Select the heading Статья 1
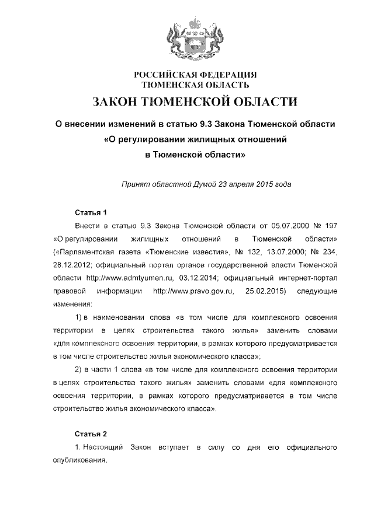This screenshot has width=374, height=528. pyautogui.click(x=91, y=212)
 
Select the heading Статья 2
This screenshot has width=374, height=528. pyautogui.click(x=91, y=435)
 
